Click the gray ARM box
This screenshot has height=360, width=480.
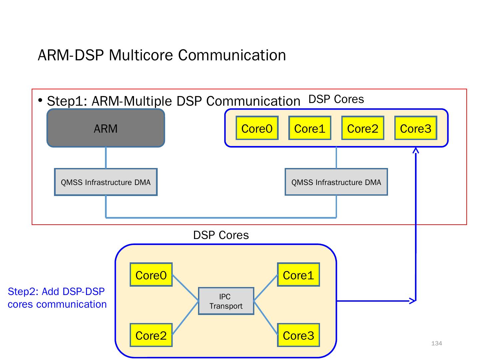pyautogui.click(x=106, y=128)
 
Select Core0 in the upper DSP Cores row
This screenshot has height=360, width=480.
pyautogui.click(x=257, y=128)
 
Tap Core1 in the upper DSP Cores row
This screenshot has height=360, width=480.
pyautogui.click(x=310, y=128)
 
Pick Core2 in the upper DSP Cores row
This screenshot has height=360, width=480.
pyautogui.click(x=363, y=128)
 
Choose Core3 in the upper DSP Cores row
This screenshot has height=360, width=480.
pyautogui.click(x=416, y=128)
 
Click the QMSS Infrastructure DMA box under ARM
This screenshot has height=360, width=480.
pyautogui.click(x=106, y=182)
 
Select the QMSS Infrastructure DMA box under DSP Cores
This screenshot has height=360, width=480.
pyautogui.click(x=336, y=182)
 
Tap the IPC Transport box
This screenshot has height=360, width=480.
pyautogui.click(x=226, y=301)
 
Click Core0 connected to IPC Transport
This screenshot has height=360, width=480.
pyautogui.click(x=151, y=275)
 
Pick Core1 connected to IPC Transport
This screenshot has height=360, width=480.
pyautogui.click(x=298, y=275)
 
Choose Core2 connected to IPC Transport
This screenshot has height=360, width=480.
pyautogui.click(x=151, y=335)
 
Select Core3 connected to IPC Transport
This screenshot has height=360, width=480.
pyautogui.click(x=298, y=335)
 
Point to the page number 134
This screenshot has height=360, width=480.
pyautogui.click(x=437, y=343)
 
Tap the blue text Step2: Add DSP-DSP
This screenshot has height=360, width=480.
pyautogui.click(x=56, y=291)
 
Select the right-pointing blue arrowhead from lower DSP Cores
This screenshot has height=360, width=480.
pyautogui.click(x=413, y=301)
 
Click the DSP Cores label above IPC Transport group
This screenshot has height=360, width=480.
pyautogui.click(x=221, y=235)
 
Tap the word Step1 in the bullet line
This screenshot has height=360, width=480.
pyautogui.click(x=67, y=101)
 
